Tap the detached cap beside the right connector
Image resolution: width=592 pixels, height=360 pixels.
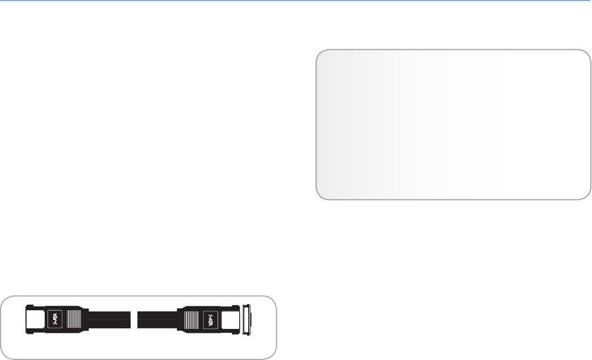(247, 320)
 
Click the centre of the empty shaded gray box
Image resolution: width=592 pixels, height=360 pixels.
(453, 124)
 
